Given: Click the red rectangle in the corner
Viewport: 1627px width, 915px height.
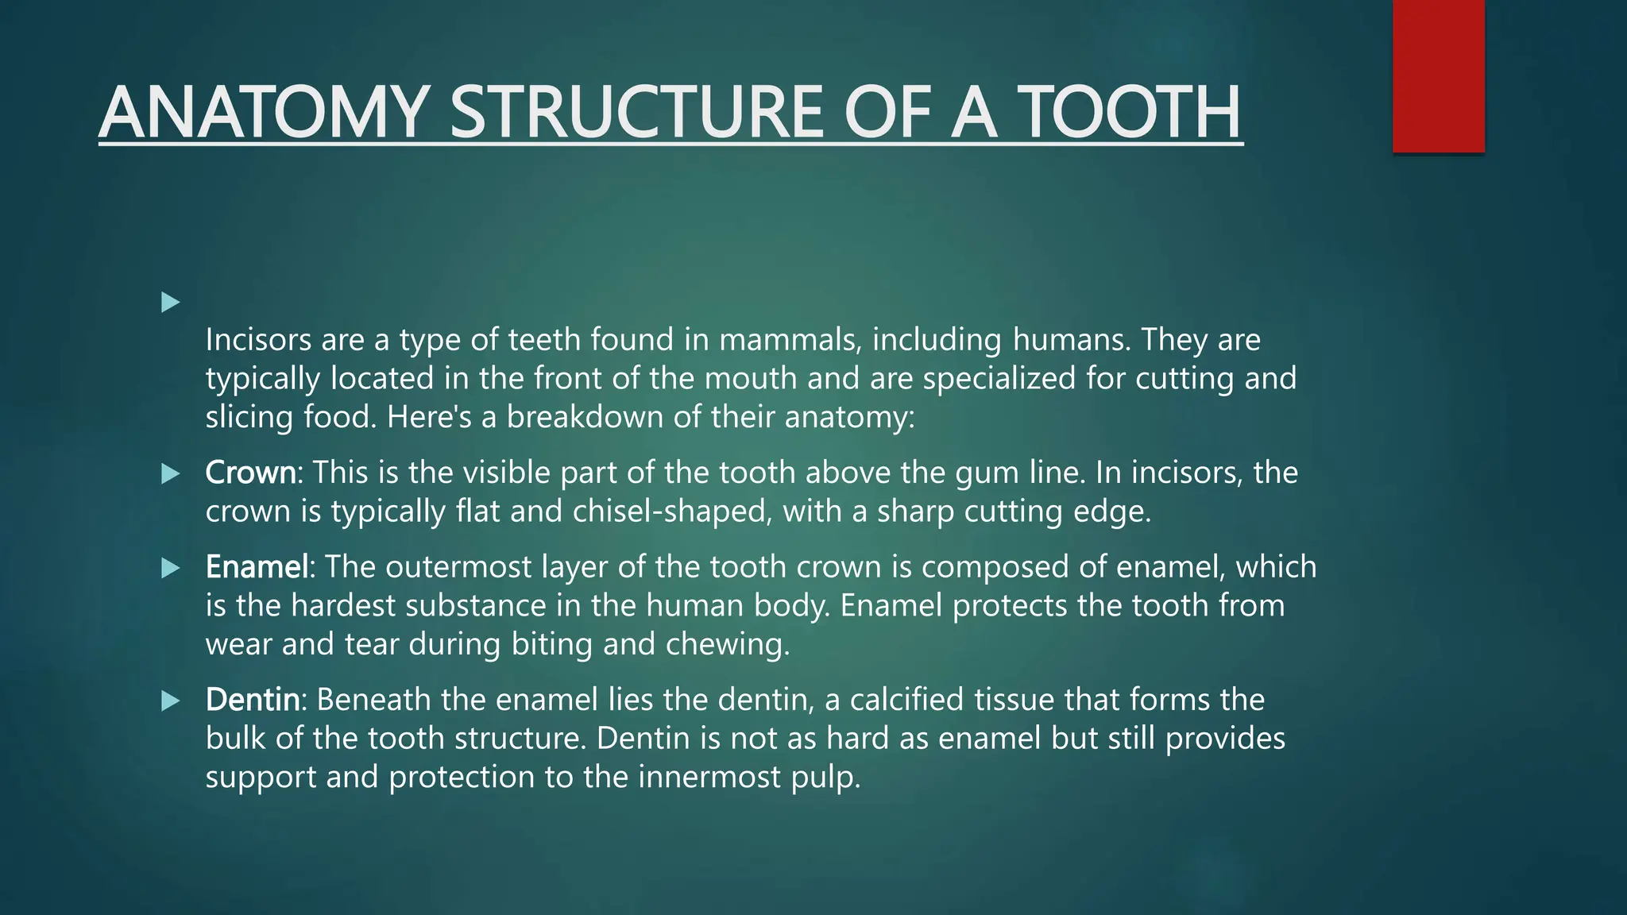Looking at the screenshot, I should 1438,76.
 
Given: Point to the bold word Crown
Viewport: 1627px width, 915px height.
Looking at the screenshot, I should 250,473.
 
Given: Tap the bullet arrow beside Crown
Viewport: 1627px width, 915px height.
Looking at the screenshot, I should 170,474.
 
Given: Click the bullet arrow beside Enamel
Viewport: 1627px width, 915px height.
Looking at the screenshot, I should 170,568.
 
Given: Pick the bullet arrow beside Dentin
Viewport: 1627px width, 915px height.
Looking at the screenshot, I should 170,701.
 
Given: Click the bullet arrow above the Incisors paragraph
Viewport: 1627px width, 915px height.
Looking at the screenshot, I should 170,302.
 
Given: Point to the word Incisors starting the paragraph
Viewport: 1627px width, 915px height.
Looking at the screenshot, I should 258,340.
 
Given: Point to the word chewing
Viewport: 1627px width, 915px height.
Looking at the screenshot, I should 728,644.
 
